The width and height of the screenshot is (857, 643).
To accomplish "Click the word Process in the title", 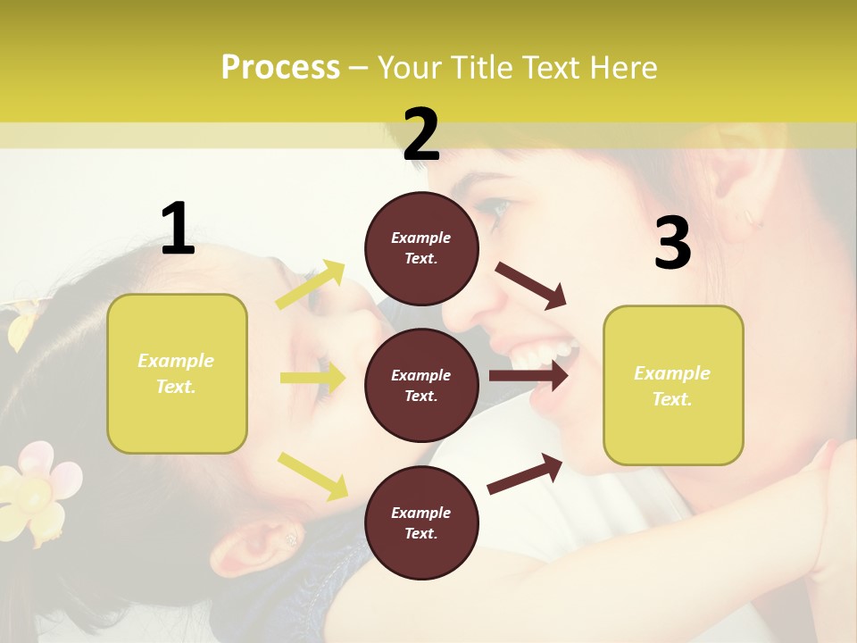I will pyautogui.click(x=280, y=68).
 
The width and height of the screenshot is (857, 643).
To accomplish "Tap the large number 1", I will pyautogui.click(x=178, y=230).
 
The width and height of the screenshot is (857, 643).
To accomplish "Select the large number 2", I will pyautogui.click(x=421, y=135).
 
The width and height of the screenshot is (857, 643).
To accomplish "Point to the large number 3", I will pyautogui.click(x=672, y=244).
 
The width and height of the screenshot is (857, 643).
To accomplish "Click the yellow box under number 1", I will pyautogui.click(x=177, y=373).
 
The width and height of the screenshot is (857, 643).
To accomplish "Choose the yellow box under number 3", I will pyautogui.click(x=673, y=385).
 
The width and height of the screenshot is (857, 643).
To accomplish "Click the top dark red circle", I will pyautogui.click(x=421, y=248).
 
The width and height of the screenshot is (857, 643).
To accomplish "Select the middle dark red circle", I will pyautogui.click(x=421, y=385).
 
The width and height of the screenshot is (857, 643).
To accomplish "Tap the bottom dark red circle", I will pyautogui.click(x=421, y=522).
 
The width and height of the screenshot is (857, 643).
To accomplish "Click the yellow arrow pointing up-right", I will pyautogui.click(x=311, y=285).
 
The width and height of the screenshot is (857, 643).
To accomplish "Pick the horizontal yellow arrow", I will pyautogui.click(x=312, y=379).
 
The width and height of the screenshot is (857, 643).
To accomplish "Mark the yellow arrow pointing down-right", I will pyautogui.click(x=312, y=475).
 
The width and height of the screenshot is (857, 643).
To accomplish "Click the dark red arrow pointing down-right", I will pyautogui.click(x=532, y=286).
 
